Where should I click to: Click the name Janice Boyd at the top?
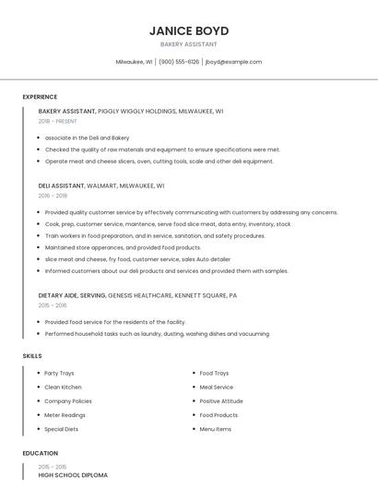[x=188, y=30]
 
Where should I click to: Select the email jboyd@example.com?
[x=233, y=62]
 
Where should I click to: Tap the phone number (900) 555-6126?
[x=179, y=62]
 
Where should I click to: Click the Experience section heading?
[x=40, y=97]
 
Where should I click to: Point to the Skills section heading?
[x=32, y=355]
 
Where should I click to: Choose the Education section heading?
[x=40, y=453]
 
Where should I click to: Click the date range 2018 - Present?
[x=58, y=121]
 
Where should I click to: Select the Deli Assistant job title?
[x=62, y=185]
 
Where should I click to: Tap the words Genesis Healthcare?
[x=139, y=296]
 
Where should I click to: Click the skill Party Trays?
[x=61, y=373]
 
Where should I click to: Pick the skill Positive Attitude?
[x=221, y=401]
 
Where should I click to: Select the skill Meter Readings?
[x=65, y=415]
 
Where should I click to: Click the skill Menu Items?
[x=216, y=429]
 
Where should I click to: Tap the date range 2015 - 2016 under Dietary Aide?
[x=53, y=305]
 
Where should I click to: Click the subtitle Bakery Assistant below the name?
[x=188, y=44]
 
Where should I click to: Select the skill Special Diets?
[x=61, y=429]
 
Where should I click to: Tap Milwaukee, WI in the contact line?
[x=134, y=62]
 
